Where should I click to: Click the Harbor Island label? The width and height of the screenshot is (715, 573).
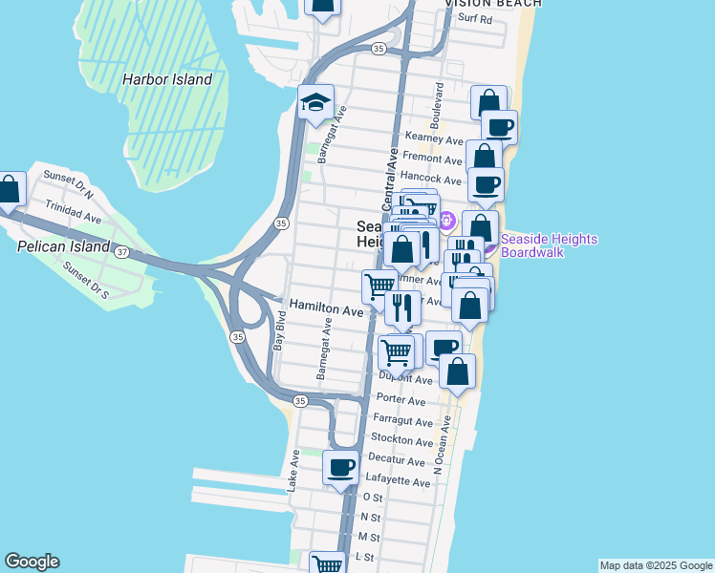click(x=166, y=79)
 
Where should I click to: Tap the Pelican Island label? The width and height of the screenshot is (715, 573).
click(x=58, y=245)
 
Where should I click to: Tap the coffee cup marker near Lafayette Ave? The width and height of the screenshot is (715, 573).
click(x=341, y=468)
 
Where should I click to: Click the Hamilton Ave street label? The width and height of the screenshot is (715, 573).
click(x=327, y=310)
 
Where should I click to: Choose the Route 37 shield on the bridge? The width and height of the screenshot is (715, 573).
click(x=121, y=252)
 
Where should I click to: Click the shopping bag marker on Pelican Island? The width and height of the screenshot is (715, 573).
click(x=10, y=190)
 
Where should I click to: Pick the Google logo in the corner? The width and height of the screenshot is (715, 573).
click(x=32, y=562)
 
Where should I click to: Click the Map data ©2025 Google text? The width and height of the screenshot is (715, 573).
click(x=655, y=565)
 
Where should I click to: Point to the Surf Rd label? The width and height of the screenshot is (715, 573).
click(x=474, y=18)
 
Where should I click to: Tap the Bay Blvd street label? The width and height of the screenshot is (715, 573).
click(x=279, y=331)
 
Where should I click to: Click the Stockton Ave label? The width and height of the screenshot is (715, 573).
click(x=402, y=441)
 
